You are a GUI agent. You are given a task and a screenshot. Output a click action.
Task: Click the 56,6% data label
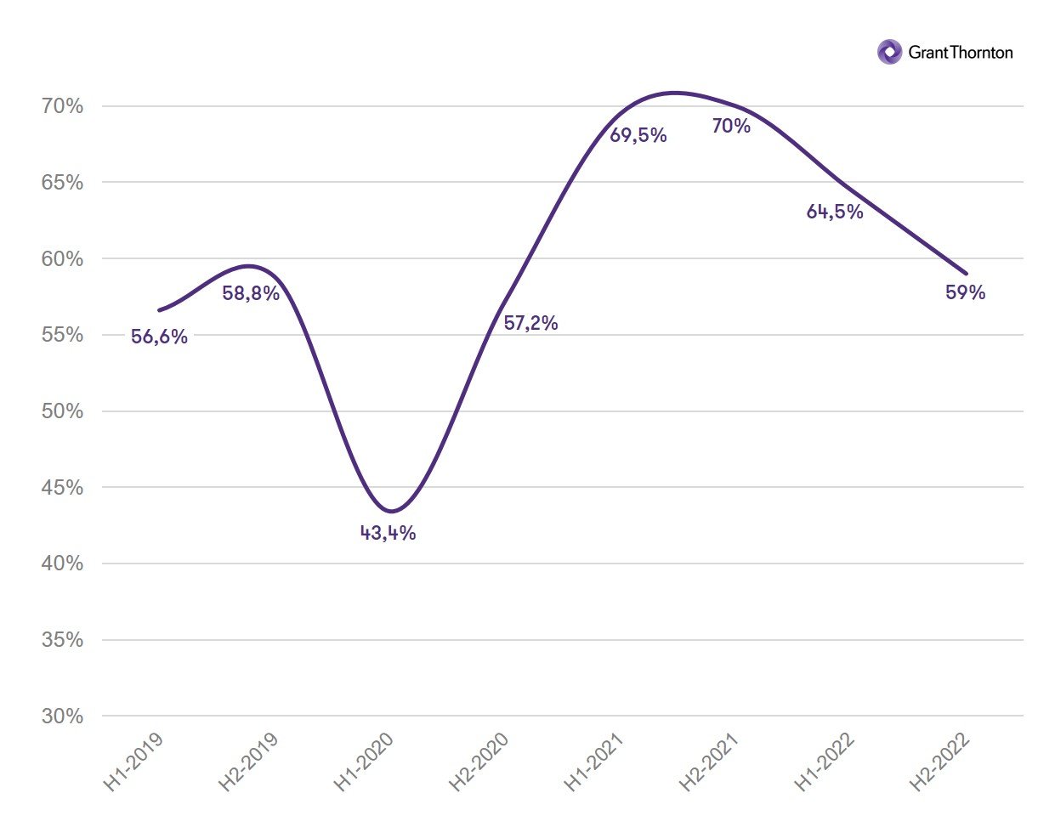[x=159, y=337]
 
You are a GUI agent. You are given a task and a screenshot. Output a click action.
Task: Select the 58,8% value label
[x=251, y=293]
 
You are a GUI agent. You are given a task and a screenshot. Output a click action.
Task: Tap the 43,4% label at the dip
[x=388, y=533]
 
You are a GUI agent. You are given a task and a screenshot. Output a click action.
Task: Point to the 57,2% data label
[x=530, y=323]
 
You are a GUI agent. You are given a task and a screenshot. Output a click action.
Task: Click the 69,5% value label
[x=638, y=135]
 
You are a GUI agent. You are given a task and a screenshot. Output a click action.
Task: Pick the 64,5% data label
[x=835, y=212]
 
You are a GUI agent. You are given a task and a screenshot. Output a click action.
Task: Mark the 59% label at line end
[x=965, y=292]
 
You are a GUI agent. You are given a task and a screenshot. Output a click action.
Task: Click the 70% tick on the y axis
[x=63, y=106]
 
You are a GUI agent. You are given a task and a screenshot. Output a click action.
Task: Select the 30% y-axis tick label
[x=63, y=717]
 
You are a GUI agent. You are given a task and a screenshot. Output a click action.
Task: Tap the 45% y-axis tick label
[x=63, y=488]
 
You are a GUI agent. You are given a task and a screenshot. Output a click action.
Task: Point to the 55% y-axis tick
[x=63, y=335]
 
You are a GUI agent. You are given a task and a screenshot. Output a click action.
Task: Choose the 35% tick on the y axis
[x=63, y=640]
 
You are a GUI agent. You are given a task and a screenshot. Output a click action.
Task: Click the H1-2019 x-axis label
[x=133, y=762]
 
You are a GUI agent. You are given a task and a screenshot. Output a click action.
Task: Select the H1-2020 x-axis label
[x=364, y=762]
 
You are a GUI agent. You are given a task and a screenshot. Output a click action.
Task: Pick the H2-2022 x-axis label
[x=940, y=762]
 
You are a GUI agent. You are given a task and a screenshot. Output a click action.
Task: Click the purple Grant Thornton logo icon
[x=889, y=52]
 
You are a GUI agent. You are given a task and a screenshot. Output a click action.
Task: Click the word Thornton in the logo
[x=980, y=53]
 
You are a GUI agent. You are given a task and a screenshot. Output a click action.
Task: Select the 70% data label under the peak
[x=731, y=127]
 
